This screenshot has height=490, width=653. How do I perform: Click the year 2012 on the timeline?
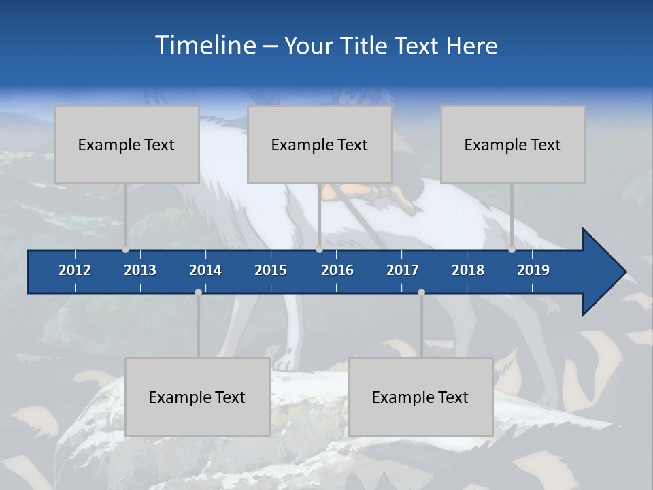pyautogui.click(x=75, y=270)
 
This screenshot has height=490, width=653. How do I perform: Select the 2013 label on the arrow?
pyautogui.click(x=140, y=270)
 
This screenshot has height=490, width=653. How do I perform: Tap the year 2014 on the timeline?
pyautogui.click(x=205, y=270)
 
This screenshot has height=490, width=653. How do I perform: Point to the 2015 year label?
pyautogui.click(x=271, y=270)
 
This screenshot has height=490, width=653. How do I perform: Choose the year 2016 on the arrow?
pyautogui.click(x=337, y=270)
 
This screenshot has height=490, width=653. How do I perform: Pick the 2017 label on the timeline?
pyautogui.click(x=403, y=270)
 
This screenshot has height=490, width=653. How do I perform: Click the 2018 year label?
pyautogui.click(x=468, y=270)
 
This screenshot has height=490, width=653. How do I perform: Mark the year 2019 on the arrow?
pyautogui.click(x=533, y=270)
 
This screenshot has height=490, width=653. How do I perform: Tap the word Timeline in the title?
pyautogui.click(x=206, y=46)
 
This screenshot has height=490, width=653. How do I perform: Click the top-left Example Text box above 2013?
pyautogui.click(x=127, y=144)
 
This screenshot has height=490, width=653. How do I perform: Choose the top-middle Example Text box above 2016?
pyautogui.click(x=320, y=144)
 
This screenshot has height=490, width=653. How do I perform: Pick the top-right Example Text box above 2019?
pyautogui.click(x=513, y=144)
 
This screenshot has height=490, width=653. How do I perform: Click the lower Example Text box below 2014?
pyautogui.click(x=197, y=397)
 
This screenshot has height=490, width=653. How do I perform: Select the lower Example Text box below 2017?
pyautogui.click(x=420, y=397)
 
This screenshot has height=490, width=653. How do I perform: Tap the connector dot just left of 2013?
pyautogui.click(x=125, y=250)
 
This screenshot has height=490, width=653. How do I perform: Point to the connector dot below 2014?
pyautogui.click(x=198, y=292)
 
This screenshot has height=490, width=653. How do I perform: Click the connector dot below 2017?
pyautogui.click(x=421, y=292)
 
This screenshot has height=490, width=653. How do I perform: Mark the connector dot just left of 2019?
pyautogui.click(x=512, y=250)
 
